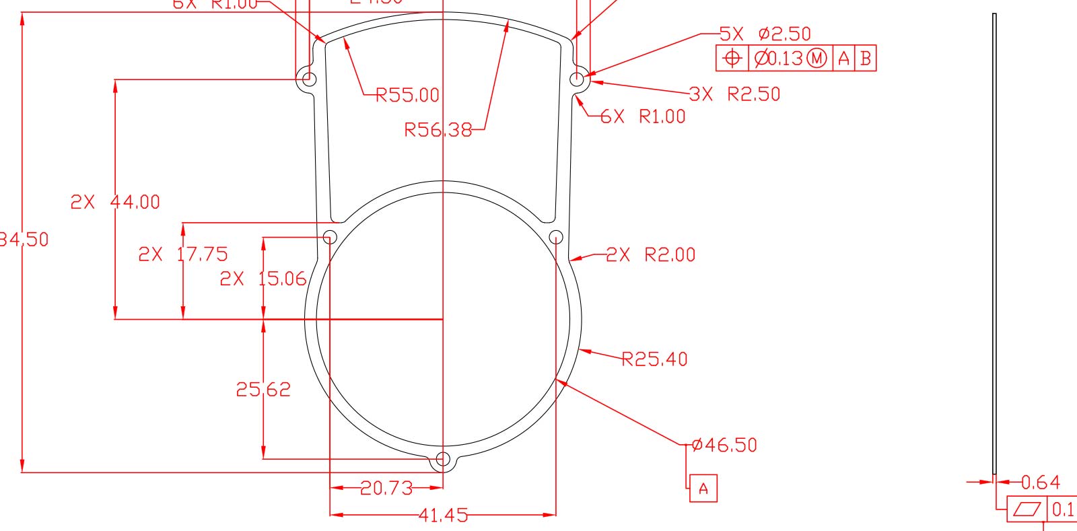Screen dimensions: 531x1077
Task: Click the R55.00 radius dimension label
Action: tap(407, 95)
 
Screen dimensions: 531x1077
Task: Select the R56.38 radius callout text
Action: tap(438, 129)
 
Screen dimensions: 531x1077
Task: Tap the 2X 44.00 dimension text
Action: tap(115, 202)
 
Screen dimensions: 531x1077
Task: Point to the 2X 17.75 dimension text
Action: tap(183, 254)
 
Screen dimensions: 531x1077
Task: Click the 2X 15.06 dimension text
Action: tap(263, 279)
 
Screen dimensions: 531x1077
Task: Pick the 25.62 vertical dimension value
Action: tap(263, 390)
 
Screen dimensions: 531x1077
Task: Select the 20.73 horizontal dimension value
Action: tap(386, 488)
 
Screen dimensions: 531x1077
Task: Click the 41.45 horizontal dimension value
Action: tap(443, 516)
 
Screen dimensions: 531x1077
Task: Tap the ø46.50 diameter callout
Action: tap(724, 445)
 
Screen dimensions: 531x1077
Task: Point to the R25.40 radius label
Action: tap(654, 359)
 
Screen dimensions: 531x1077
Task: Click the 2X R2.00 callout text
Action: tap(651, 254)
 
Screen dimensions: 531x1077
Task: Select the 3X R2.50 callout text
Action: tap(735, 94)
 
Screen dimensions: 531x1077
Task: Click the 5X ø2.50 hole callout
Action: tap(765, 34)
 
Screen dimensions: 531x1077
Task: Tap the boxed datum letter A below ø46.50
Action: tap(703, 489)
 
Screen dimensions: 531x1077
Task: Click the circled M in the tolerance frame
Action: tap(817, 59)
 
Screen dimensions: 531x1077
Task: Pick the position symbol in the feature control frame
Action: tap(732, 59)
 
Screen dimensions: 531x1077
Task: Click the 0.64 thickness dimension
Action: tap(1041, 483)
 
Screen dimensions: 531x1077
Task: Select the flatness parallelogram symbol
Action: tap(1027, 509)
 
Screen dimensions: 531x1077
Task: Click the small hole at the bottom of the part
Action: tap(443, 459)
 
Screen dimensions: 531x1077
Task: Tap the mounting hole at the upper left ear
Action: tap(309, 79)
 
